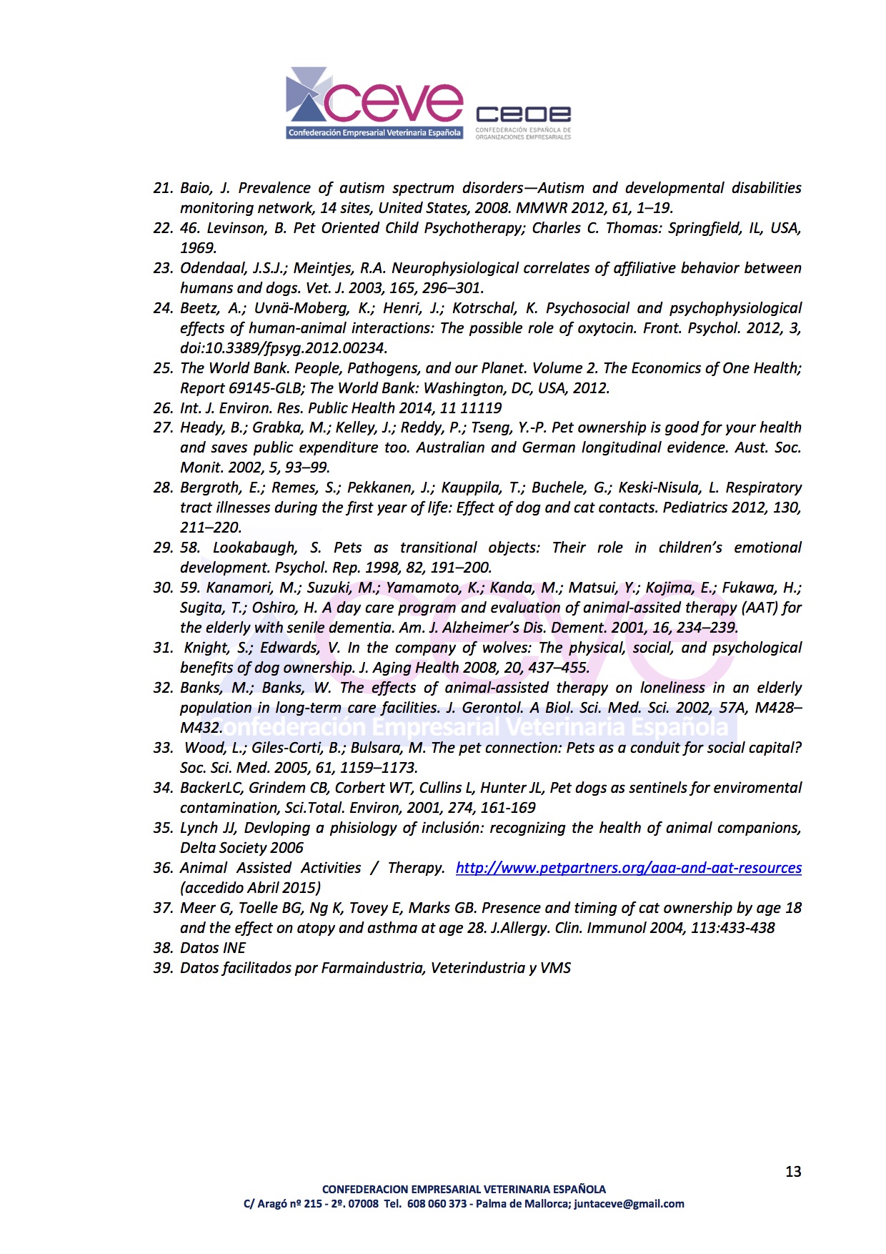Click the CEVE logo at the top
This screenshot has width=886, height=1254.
pos(374,103)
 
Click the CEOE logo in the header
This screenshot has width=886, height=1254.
pos(523,122)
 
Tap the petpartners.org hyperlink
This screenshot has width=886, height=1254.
pos(628,868)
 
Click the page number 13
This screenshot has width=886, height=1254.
pos(793,1171)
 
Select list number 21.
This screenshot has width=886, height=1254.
pos(163,188)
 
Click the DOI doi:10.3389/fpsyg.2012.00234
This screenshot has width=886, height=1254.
pos(282,348)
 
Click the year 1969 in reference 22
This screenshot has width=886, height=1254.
pos(197,248)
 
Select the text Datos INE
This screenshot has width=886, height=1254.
pos(212,948)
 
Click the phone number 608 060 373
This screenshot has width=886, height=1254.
pos(437,1204)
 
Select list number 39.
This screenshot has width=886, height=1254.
pos(163,968)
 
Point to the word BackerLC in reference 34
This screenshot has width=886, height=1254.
pos(211,788)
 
